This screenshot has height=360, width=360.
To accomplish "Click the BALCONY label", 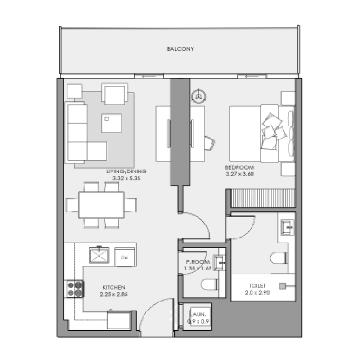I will click(180, 49).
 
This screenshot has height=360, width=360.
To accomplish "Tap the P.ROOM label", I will click(196, 262).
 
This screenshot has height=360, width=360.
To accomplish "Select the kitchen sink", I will click(99, 256).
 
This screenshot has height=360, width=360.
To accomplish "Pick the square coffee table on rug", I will click(111, 123).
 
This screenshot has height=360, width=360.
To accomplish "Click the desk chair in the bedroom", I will click(209, 142).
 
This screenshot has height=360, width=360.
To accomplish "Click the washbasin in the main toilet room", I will click(287, 227).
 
